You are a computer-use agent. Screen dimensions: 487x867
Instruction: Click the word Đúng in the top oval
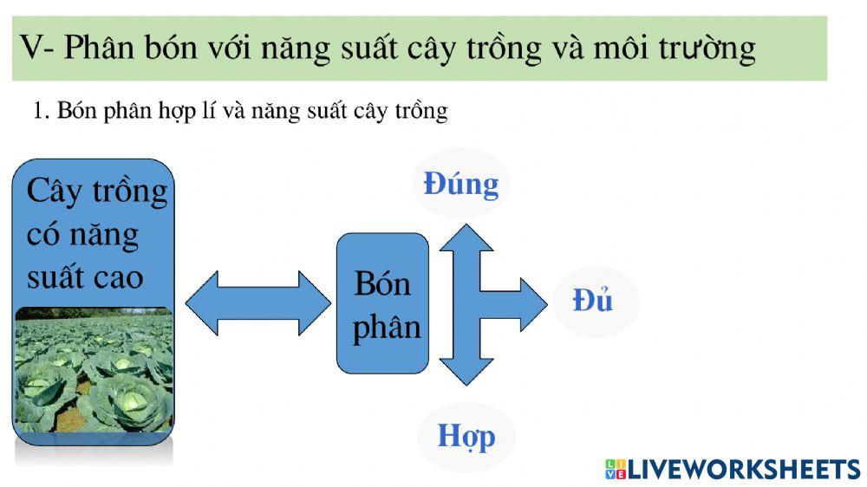tap(461, 185)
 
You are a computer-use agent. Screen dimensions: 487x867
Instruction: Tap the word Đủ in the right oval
tap(594, 300)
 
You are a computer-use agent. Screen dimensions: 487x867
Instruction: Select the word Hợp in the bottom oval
tap(466, 434)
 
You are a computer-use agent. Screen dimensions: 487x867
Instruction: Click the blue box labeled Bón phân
tap(382, 303)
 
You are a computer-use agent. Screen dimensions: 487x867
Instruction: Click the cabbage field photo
tap(93, 376)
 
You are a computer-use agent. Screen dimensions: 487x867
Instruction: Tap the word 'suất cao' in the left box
tap(85, 276)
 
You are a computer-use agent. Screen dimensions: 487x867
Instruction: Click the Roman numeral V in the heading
tap(31, 48)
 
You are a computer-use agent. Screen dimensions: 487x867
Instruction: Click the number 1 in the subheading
tap(38, 112)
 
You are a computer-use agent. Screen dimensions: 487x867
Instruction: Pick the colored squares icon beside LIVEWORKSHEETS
tap(615, 470)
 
